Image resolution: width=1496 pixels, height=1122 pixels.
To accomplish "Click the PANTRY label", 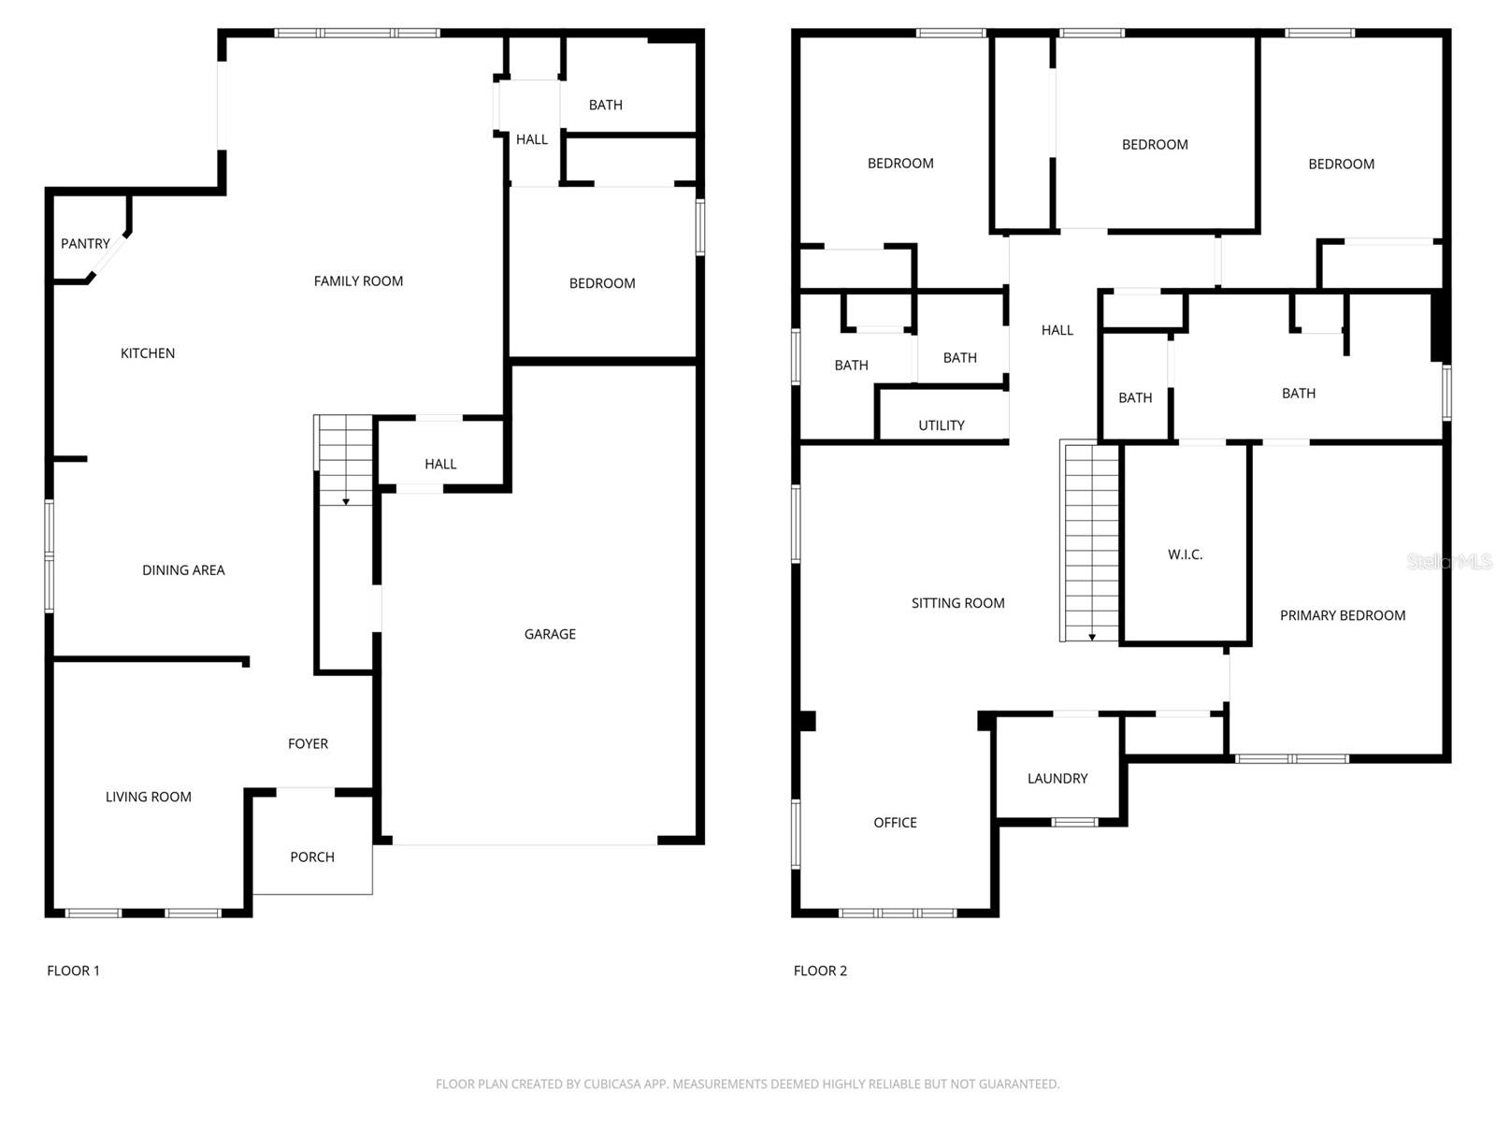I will tap(85, 244).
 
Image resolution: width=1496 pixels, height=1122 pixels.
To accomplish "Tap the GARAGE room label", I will tap(550, 634).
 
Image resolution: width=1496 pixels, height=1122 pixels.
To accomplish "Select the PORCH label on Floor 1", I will tap(312, 856).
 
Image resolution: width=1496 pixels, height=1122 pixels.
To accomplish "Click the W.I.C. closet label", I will tap(1185, 554).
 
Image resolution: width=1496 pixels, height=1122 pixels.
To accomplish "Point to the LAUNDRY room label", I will tap(1057, 778).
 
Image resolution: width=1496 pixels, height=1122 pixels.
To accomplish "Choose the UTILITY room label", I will tap(941, 425).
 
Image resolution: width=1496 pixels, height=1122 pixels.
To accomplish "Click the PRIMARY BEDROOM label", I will tap(1342, 615).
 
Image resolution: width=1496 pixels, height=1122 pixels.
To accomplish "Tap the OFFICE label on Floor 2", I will tap(895, 823).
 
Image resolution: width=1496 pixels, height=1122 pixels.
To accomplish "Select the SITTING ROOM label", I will tap(957, 603).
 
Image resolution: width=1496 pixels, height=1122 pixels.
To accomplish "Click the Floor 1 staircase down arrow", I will tap(346, 502).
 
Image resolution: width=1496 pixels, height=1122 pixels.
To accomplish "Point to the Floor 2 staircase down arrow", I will tap(1091, 638).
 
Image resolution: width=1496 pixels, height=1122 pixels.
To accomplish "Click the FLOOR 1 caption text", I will tap(73, 971).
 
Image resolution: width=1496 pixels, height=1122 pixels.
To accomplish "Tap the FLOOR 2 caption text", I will tap(820, 971).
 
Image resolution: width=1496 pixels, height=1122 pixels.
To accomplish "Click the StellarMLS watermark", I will tap(1448, 561).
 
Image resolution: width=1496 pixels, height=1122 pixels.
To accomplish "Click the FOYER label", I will tap(308, 744).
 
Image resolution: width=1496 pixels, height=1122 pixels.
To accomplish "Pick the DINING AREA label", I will tap(183, 570).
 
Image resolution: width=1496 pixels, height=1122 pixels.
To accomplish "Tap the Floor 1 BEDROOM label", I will tap(602, 283).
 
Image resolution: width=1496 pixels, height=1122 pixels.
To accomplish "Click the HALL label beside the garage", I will tap(440, 464).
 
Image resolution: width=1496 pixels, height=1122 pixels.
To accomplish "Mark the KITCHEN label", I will tap(148, 353).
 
